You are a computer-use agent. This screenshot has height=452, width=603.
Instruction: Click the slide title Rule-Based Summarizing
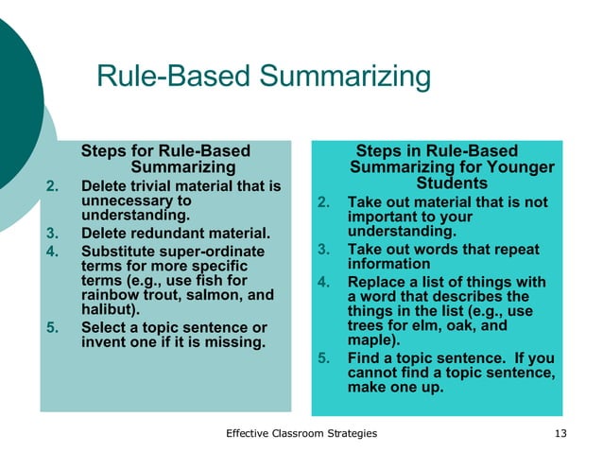(264, 78)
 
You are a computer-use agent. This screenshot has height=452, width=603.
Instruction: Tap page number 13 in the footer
(562, 433)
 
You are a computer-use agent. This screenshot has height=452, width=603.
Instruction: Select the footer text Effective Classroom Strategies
(301, 433)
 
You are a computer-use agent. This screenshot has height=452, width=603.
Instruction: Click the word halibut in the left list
(108, 309)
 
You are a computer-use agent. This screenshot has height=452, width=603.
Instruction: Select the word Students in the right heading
(452, 183)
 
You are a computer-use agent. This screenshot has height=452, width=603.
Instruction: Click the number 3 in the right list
(322, 250)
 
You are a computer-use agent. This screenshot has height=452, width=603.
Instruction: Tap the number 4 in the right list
(322, 281)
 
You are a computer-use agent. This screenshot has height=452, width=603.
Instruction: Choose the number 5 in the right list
(322, 358)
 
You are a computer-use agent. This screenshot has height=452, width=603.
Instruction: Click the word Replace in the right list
(376, 281)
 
